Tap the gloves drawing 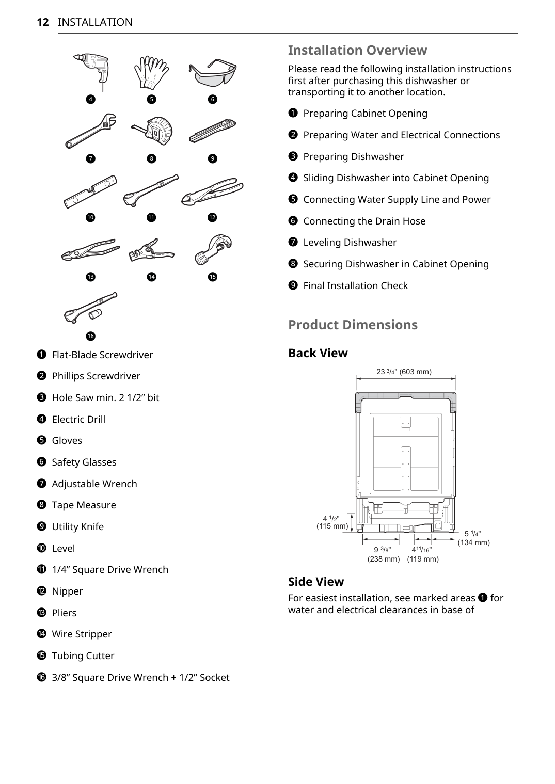[151, 72]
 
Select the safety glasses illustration [213, 72]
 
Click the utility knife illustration [212, 131]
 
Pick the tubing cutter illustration [213, 249]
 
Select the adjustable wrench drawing [91, 131]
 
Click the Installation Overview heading [357, 50]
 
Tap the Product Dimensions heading [353, 325]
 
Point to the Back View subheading [318, 353]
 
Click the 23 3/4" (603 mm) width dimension [404, 372]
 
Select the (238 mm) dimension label [383, 559]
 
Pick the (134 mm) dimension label [473, 542]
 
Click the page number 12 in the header [43, 22]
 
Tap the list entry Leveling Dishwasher [350, 243]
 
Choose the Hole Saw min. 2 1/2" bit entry [105, 398]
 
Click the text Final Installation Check [355, 286]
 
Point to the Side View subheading [315, 582]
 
